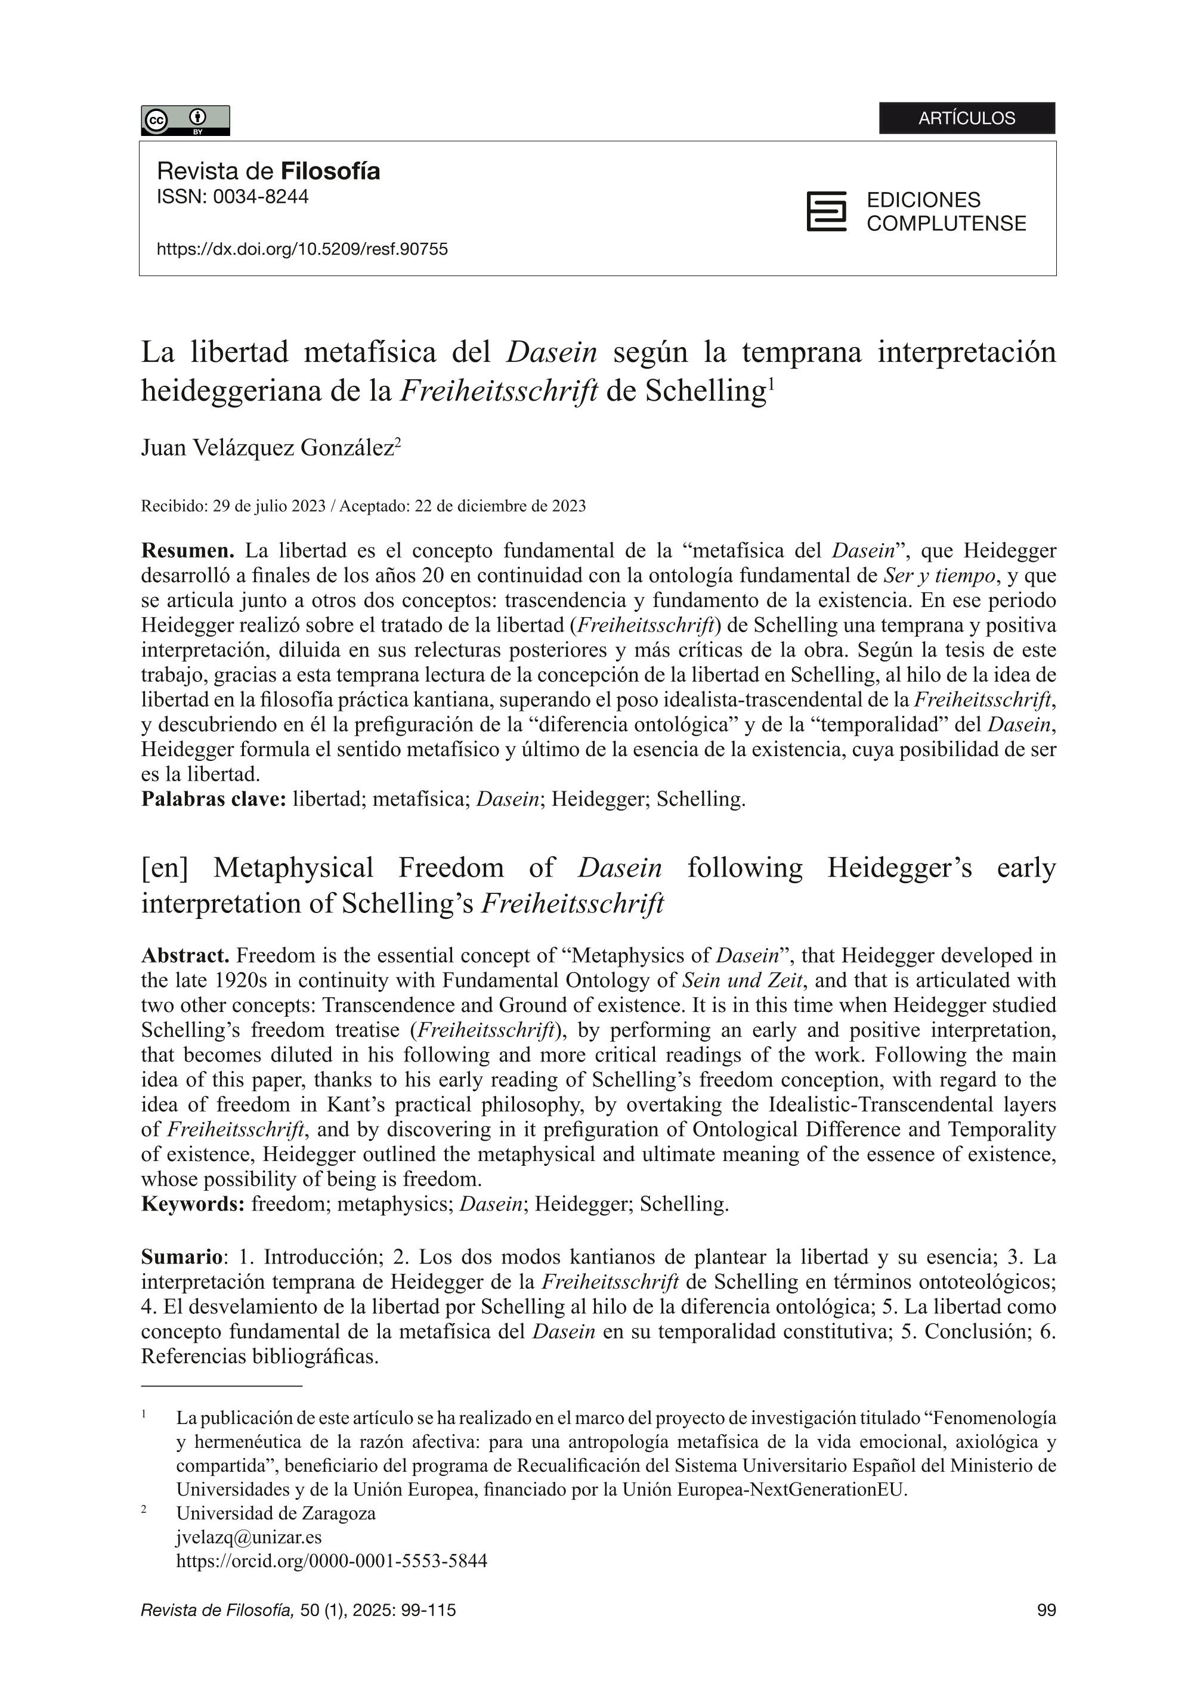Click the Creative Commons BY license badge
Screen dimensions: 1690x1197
pos(185,120)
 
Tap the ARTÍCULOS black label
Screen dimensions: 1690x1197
pos(966,118)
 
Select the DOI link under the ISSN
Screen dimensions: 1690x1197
pos(302,249)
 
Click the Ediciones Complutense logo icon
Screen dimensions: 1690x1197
pos(826,212)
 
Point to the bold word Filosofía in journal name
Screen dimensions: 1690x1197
pos(330,172)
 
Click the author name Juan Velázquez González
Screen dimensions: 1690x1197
pos(267,447)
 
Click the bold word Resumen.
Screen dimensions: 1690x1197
pos(187,550)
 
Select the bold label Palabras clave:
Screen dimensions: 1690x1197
pos(213,799)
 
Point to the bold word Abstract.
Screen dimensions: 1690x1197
pos(185,956)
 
